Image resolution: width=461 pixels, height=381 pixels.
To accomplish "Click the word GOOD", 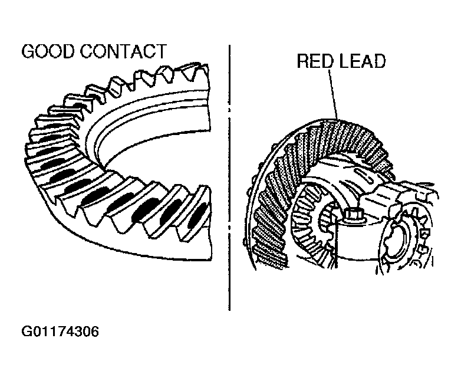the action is pos(48,51).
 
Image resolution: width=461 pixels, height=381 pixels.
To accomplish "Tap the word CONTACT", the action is pos(123,51).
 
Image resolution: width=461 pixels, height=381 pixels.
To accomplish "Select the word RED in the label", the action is pos(315,61).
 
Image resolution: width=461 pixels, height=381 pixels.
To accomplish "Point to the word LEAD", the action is pos(363,61).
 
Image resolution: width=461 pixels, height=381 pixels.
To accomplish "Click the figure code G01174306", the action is pos(60,331).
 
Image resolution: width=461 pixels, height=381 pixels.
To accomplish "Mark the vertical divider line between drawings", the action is pos(229,178).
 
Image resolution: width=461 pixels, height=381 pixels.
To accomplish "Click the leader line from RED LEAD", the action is pos(334,95).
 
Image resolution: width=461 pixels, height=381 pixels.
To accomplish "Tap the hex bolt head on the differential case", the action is pos(351,215).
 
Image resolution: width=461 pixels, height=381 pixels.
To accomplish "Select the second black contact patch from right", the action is pos(170,212).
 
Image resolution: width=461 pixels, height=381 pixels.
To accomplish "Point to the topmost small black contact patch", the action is pos(80,106).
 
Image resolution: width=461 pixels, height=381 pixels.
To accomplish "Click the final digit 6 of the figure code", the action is pos(95,331).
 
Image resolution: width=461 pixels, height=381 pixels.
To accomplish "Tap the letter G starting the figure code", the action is pos(26,331).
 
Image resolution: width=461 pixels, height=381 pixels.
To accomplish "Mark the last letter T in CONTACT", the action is pos(161,51).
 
